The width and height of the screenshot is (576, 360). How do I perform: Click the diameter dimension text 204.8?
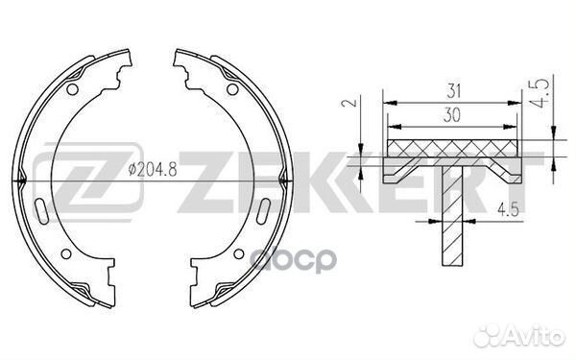[x=153, y=169]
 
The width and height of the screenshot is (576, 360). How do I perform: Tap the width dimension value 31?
[x=454, y=90]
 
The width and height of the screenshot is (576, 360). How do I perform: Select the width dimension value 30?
[x=452, y=114]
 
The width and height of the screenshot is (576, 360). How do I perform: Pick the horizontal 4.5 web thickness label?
[x=508, y=209]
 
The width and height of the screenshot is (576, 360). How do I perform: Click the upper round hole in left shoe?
[x=73, y=89]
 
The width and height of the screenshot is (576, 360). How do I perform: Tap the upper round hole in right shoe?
[x=232, y=89]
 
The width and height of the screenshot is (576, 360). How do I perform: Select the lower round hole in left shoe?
[x=66, y=253]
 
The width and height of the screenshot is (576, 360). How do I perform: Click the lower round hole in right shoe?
[x=239, y=253]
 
